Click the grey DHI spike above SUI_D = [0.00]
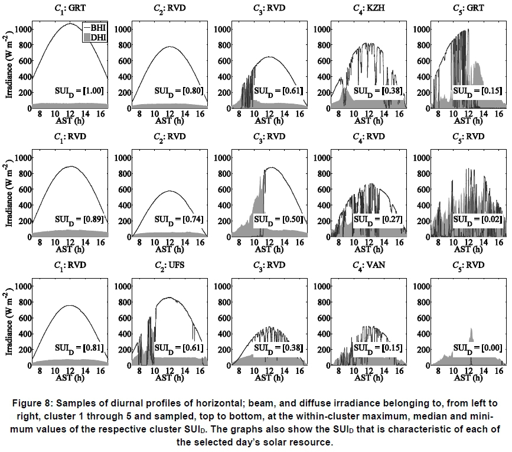coord(471,334)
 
